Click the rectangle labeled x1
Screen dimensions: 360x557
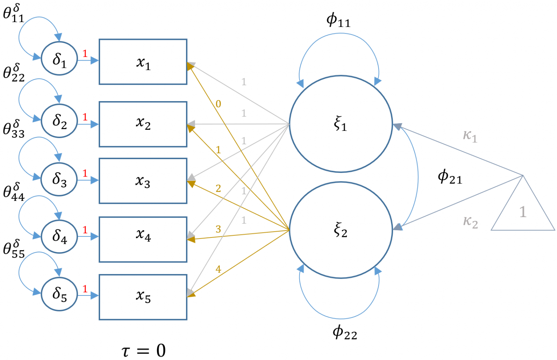pos(143,62)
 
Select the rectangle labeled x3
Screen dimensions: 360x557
pos(143,181)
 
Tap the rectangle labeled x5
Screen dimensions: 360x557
pos(143,297)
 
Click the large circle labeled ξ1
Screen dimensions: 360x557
pos(341,124)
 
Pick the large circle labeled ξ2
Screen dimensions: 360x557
pos(341,230)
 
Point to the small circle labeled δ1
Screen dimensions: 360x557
pos(59,59)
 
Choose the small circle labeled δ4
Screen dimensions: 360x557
pos(59,236)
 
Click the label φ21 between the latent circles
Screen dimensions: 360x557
pos(450,177)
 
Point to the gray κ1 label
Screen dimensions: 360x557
pos(470,136)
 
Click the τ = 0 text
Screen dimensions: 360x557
pos(143,350)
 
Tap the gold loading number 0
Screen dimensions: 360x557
pos(218,104)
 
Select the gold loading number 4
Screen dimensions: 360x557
pos(218,269)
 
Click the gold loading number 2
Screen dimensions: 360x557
pos(218,188)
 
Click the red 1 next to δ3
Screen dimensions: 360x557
pos(85,173)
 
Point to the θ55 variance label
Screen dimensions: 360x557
pos(13,249)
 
